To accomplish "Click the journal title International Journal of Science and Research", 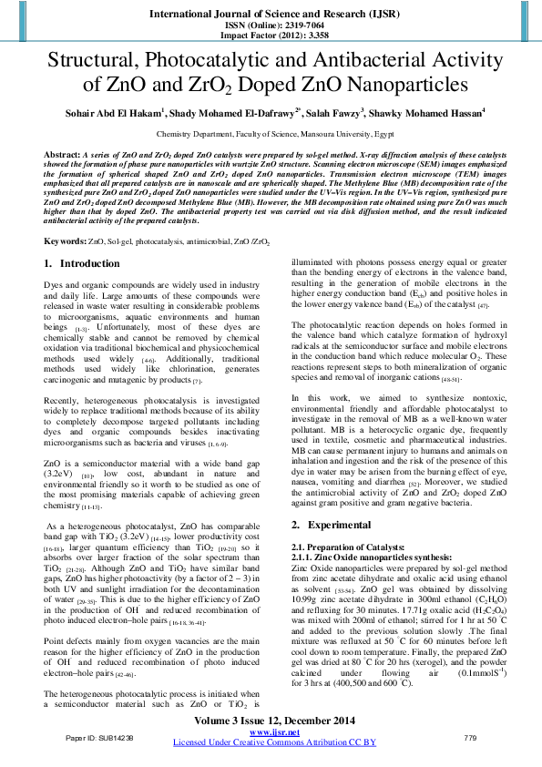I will (271, 14).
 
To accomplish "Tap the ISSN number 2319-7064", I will (292, 26).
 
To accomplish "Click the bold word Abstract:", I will (62, 156).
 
